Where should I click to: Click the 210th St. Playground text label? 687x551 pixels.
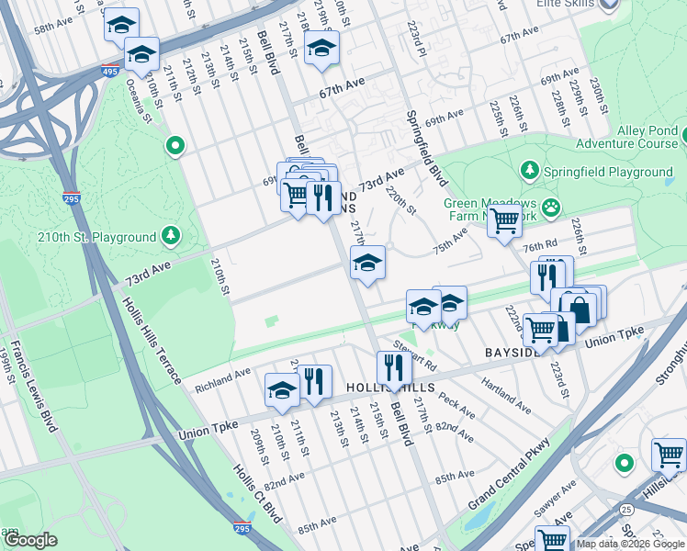tap(96, 237)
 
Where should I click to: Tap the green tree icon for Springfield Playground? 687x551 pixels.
tap(529, 172)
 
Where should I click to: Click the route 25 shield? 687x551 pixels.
tap(626, 509)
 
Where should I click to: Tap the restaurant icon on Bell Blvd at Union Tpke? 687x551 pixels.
tap(394, 367)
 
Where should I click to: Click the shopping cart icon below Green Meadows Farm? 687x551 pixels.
tap(504, 220)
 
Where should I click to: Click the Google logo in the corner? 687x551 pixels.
tap(29, 540)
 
